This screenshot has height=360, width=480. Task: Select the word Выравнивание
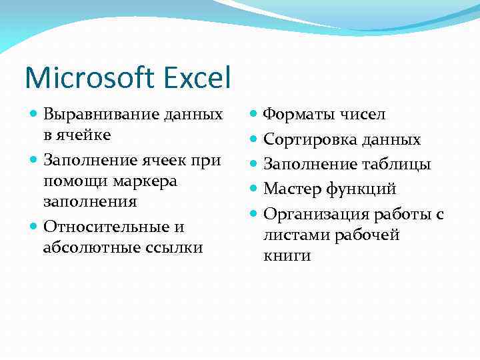click(101, 114)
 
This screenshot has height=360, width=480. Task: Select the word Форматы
click(295, 115)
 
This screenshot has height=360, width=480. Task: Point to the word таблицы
click(395, 164)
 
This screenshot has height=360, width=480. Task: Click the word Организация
click(316, 213)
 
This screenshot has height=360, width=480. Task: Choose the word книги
click(287, 255)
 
